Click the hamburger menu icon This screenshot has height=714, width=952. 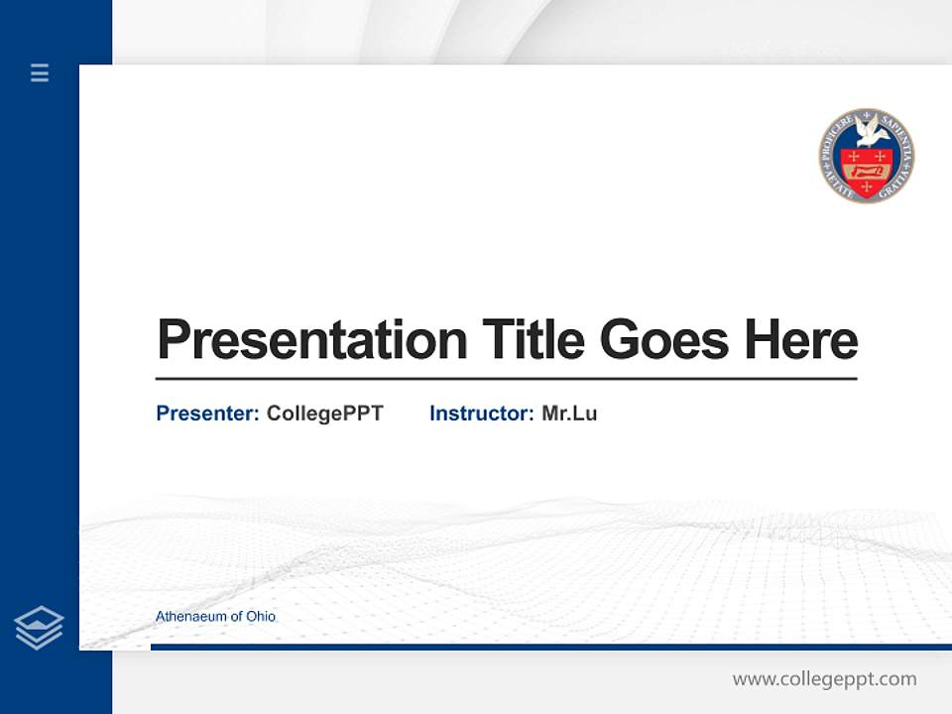pyautogui.click(x=40, y=72)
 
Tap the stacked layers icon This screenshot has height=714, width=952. pyautogui.click(x=39, y=628)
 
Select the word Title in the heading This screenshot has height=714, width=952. pyautogui.click(x=533, y=339)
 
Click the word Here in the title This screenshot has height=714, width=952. pyautogui.click(x=801, y=339)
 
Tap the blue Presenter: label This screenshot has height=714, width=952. pyautogui.click(x=207, y=414)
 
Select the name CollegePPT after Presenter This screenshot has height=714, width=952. pyautogui.click(x=324, y=414)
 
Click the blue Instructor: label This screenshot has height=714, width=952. pyautogui.click(x=481, y=414)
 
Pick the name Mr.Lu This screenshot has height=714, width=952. pyautogui.click(x=569, y=414)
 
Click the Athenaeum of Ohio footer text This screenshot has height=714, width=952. pyautogui.click(x=215, y=617)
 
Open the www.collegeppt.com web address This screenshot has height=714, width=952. pyautogui.click(x=824, y=679)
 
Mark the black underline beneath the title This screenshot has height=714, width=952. pyautogui.click(x=506, y=378)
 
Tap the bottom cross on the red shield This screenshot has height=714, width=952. pyautogui.click(x=866, y=187)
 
